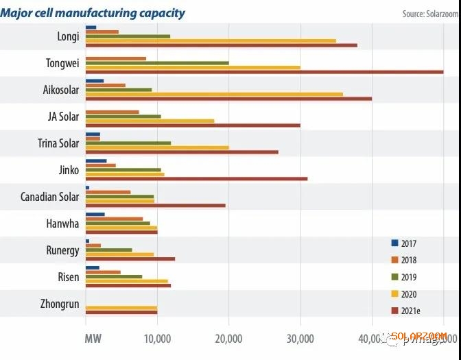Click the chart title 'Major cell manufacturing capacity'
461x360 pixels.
click(93, 13)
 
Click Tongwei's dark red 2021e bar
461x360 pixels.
click(264, 72)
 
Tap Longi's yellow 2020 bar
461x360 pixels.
click(211, 40)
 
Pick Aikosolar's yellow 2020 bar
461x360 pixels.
click(214, 94)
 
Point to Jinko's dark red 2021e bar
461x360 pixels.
click(196, 179)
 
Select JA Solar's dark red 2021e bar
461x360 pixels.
click(193, 125)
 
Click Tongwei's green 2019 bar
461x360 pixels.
click(157, 62)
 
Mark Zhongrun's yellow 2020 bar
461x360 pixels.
click(121, 308)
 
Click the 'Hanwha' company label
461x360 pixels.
click(64, 224)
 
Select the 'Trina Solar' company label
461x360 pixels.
click(58, 143)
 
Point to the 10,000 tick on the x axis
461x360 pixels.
click(157, 338)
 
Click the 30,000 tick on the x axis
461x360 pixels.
click(300, 338)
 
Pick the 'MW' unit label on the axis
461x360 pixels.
click(93, 338)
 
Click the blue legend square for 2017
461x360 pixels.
click(394, 243)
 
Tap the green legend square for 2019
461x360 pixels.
click(394, 277)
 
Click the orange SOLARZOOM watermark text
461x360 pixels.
click(418, 336)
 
